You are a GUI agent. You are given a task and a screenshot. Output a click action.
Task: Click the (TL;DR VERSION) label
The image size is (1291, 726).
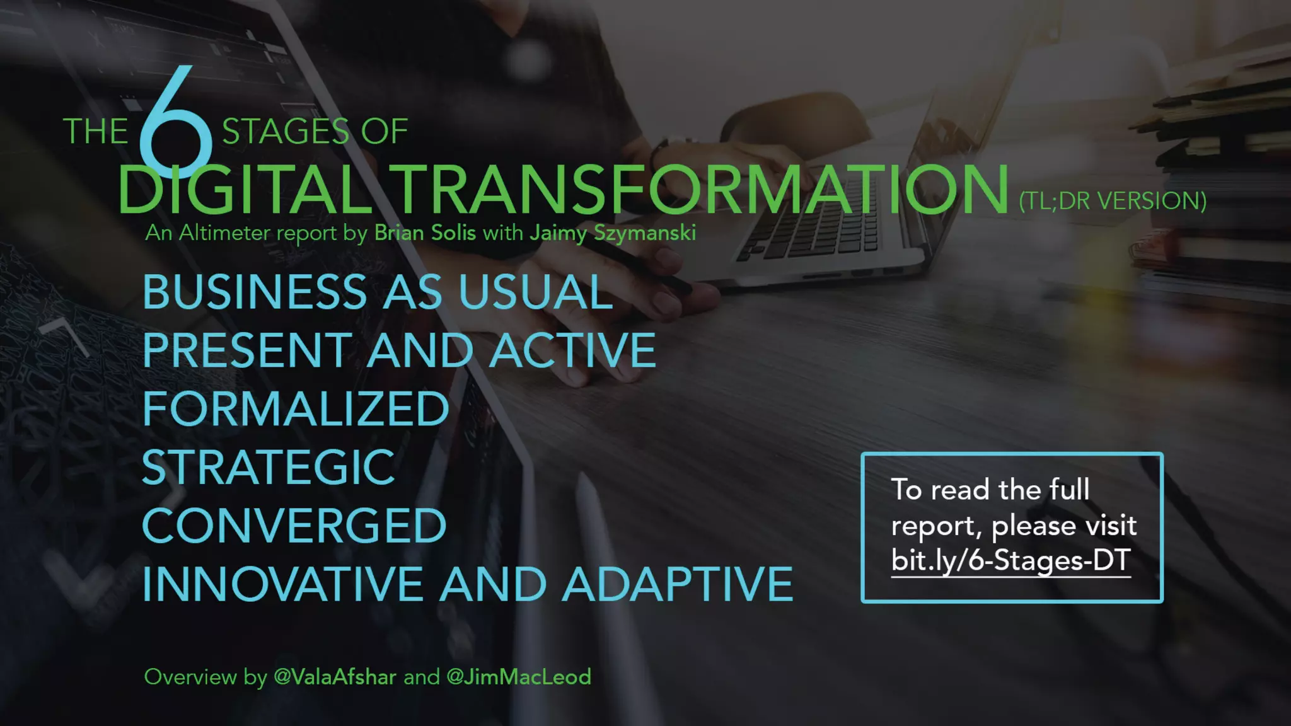(1113, 201)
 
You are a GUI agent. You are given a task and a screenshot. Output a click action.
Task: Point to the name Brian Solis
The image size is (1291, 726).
(425, 233)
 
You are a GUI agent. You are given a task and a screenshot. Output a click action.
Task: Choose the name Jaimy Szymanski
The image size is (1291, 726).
(613, 233)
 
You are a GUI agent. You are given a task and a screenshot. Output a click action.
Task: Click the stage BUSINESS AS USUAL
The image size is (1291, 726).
(378, 292)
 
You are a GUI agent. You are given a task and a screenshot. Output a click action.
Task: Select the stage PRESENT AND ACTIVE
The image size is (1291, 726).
(399, 350)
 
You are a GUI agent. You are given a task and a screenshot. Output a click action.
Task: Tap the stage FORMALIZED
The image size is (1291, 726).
(296, 409)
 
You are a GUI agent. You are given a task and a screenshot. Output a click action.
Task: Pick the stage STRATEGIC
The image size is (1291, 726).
(269, 468)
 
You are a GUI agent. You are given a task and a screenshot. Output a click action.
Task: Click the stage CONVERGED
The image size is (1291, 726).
(294, 526)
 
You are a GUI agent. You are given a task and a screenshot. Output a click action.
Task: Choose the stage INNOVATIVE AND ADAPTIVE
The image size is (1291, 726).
(467, 585)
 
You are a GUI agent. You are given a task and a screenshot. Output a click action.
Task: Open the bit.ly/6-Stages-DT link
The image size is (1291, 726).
(1010, 560)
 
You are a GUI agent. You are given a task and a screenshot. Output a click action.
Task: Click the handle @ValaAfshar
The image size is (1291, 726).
(335, 677)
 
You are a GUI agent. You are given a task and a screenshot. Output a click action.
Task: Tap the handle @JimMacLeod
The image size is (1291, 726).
(518, 677)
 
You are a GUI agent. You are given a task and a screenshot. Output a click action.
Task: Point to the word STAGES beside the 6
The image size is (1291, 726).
(286, 132)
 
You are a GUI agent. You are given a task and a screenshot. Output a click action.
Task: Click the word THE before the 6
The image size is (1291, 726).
(96, 132)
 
